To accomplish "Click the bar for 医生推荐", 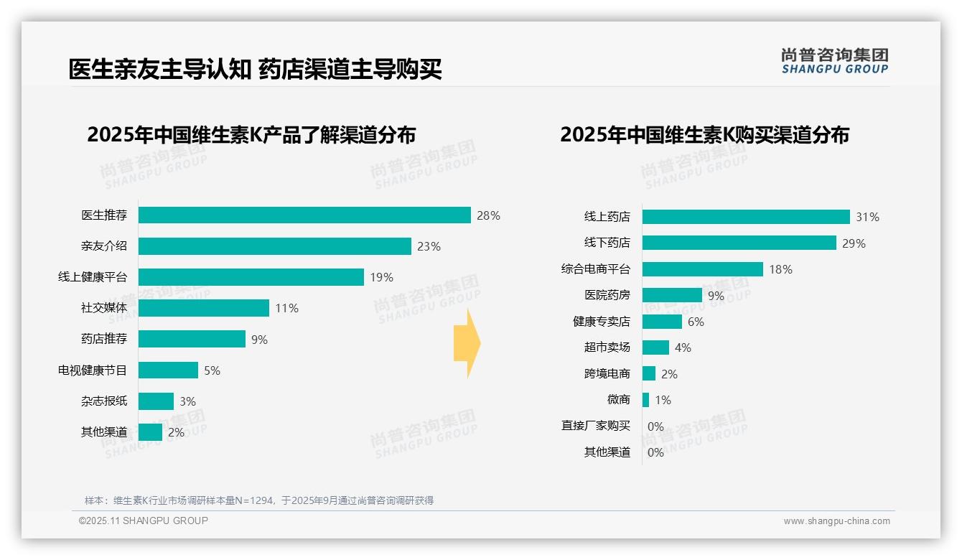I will click(304, 215).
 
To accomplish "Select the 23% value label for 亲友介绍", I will click(429, 246).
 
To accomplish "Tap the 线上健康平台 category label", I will click(93, 277).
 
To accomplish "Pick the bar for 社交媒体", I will click(204, 308).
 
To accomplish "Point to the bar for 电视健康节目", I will click(168, 370).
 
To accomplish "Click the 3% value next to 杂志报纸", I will click(187, 401).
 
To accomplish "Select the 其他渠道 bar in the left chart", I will click(150, 432).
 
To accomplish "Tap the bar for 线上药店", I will click(746, 217).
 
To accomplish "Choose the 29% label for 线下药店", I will click(854, 243).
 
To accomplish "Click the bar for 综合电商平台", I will click(702, 269).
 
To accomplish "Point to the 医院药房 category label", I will click(607, 295).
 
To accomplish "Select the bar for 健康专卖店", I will click(662, 322).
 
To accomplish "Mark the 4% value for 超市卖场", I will click(683, 347).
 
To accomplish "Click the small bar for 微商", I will click(645, 400).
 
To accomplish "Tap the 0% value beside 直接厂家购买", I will click(655, 426).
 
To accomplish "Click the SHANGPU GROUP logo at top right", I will click(834, 61).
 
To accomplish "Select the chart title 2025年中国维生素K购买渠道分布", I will click(704, 135).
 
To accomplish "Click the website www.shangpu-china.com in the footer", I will click(836, 521).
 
